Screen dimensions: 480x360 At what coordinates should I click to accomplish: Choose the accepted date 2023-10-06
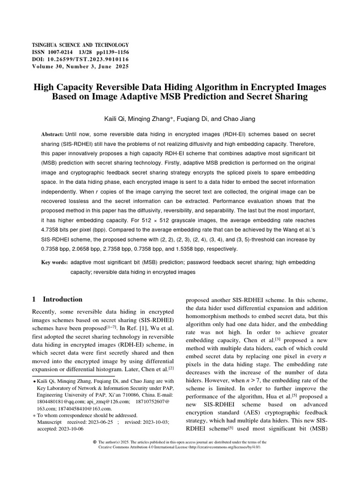click(x=69, y=428)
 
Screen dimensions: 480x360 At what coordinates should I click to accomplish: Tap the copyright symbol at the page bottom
click(x=95, y=442)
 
